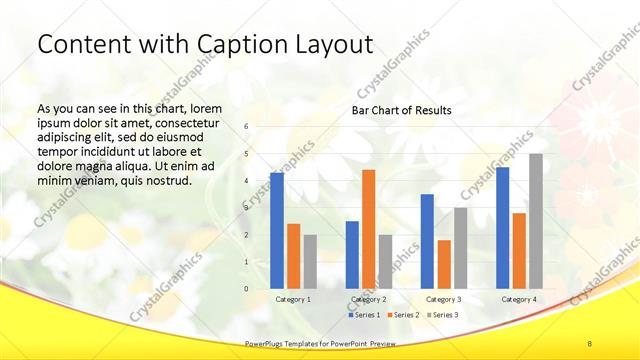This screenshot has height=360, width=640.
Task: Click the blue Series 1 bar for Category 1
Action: click(x=277, y=230)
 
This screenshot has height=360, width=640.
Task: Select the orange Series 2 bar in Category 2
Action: click(x=368, y=229)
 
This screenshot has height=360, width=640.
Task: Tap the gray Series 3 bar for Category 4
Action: click(x=535, y=221)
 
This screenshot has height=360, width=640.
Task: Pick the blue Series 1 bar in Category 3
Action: click(x=427, y=241)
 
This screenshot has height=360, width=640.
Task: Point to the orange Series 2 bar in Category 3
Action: click(x=443, y=264)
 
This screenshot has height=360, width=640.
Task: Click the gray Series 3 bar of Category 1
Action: click(x=310, y=261)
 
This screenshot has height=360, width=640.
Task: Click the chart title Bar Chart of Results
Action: click(x=400, y=110)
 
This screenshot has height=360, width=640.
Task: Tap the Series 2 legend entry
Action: click(x=402, y=315)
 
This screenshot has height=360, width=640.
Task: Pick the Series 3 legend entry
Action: click(x=440, y=315)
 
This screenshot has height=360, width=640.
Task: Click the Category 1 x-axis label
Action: click(x=293, y=299)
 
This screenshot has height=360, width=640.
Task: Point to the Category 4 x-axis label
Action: click(x=518, y=299)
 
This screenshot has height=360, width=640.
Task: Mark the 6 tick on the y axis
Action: click(x=246, y=127)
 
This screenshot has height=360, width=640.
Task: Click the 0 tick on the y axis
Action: click(x=246, y=289)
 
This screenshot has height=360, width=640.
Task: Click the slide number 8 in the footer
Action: click(x=589, y=343)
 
